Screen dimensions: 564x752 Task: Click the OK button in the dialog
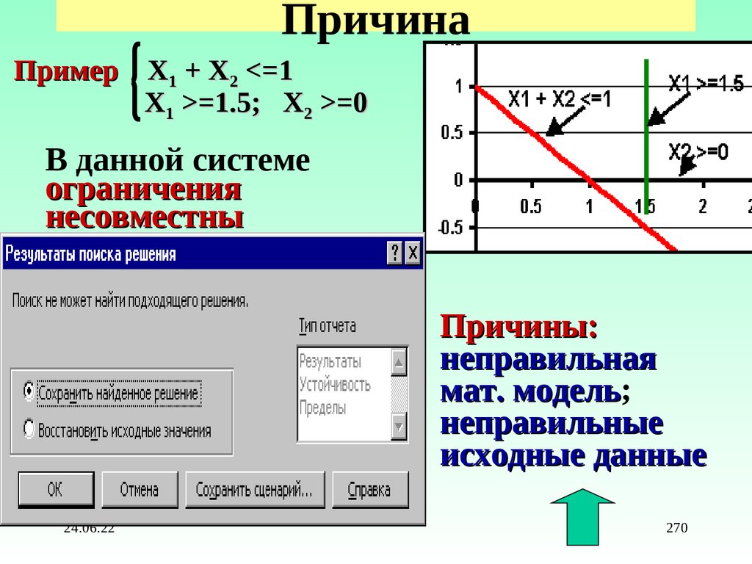pos(56,490)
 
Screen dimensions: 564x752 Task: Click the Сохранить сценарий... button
pos(254,490)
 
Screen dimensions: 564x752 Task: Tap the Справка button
pos(369,490)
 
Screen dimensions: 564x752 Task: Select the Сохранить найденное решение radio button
pos(29,391)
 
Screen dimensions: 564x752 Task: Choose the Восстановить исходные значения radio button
pos(29,428)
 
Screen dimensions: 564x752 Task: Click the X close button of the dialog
pos(413,253)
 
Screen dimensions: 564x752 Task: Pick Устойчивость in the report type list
pos(335,384)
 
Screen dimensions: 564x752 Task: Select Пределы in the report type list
pos(322,408)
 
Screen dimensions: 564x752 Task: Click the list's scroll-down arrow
pos(399,426)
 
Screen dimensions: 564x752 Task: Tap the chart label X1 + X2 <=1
pos(559,99)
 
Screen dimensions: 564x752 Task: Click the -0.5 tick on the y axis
pos(451,227)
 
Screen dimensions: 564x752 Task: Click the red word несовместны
pos(144,217)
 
